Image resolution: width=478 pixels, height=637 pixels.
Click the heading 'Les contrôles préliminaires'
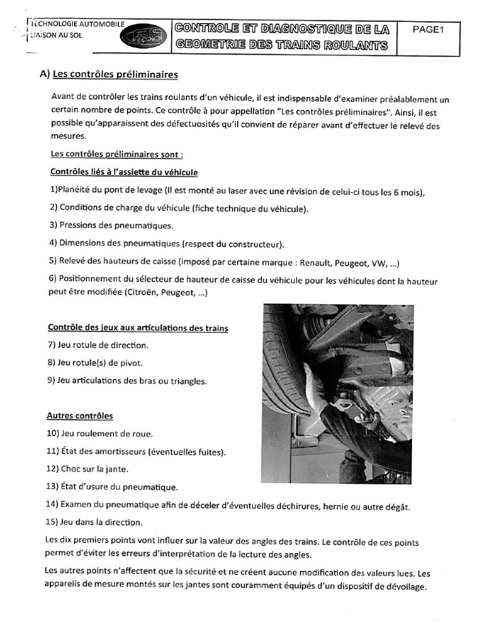coord(115,75)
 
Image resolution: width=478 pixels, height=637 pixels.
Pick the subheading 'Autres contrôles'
coord(80,416)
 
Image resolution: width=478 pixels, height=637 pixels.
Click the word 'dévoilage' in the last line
coord(405,587)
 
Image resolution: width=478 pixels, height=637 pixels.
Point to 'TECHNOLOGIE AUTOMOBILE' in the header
coord(77,25)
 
